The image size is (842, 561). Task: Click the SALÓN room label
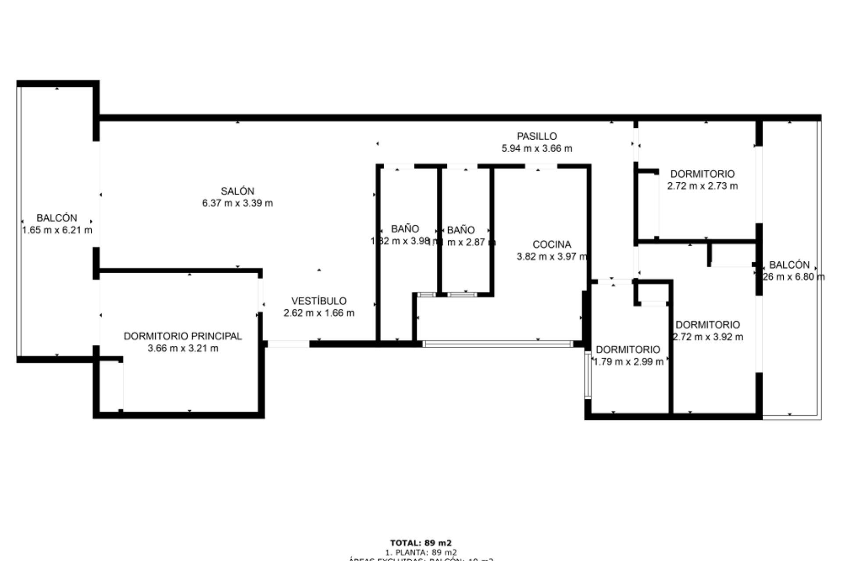pyautogui.click(x=237, y=191)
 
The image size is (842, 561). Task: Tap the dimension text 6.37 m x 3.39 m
pyautogui.click(x=237, y=203)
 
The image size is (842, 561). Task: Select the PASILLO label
pyautogui.click(x=537, y=136)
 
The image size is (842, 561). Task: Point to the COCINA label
pyautogui.click(x=552, y=245)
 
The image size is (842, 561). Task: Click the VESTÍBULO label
pyautogui.click(x=319, y=301)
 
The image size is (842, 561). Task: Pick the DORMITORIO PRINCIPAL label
pyautogui.click(x=183, y=336)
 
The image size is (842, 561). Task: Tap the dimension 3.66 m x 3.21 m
pyautogui.click(x=183, y=348)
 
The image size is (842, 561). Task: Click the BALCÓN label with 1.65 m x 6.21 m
pyautogui.click(x=57, y=218)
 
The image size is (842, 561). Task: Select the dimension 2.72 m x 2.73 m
pyautogui.click(x=703, y=186)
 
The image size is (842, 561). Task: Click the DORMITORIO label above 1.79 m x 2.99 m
pyautogui.click(x=628, y=349)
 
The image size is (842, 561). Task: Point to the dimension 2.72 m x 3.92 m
pyautogui.click(x=708, y=337)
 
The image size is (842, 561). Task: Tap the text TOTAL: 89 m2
pyautogui.click(x=421, y=543)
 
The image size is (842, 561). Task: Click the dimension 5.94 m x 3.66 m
pyautogui.click(x=537, y=149)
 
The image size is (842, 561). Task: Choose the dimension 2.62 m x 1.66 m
pyautogui.click(x=319, y=313)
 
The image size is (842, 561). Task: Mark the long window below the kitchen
pyautogui.click(x=498, y=344)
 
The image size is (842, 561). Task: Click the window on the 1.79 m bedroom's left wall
pyautogui.click(x=588, y=375)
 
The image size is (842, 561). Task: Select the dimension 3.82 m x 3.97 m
pyautogui.click(x=552, y=257)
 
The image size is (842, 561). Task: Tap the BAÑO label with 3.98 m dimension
pyautogui.click(x=405, y=229)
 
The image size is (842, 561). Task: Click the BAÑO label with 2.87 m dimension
pyautogui.click(x=461, y=230)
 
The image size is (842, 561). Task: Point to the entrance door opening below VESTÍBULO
pyautogui.click(x=288, y=344)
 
